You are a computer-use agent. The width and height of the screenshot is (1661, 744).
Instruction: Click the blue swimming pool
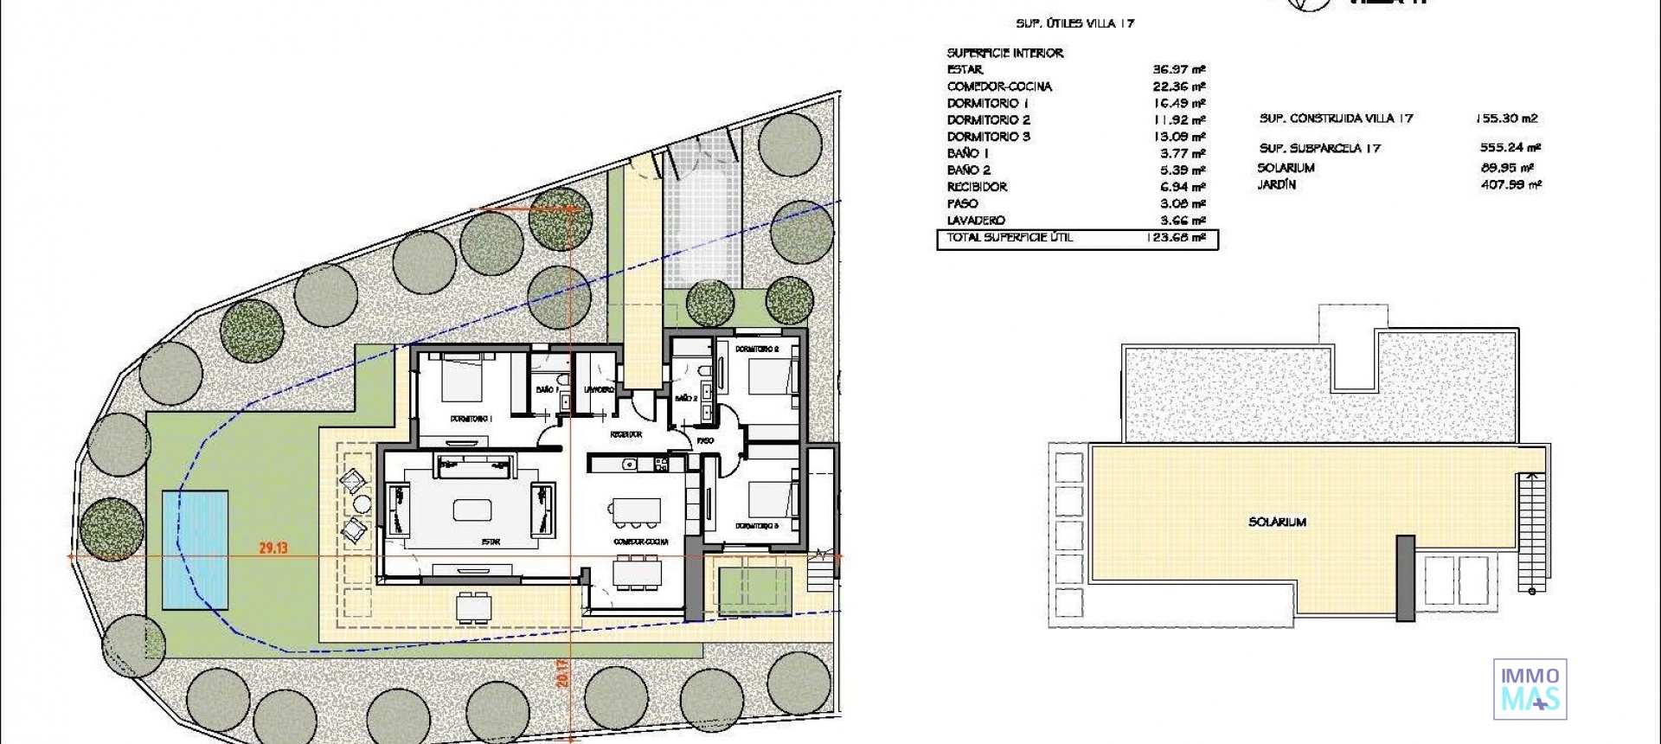click(x=196, y=549)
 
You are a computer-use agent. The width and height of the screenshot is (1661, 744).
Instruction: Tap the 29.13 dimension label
click(x=273, y=548)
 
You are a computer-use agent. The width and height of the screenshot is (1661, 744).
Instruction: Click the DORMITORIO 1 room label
click(x=471, y=419)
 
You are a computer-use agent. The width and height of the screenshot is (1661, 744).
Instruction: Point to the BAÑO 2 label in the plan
click(x=686, y=398)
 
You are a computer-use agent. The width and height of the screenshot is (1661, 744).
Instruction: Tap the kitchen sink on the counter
click(x=630, y=465)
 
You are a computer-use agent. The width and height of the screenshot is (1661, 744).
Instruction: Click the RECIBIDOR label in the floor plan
click(x=625, y=434)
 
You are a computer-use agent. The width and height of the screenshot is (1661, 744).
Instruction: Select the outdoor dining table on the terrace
click(x=474, y=607)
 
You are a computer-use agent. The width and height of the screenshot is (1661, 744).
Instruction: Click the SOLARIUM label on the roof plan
click(x=1277, y=522)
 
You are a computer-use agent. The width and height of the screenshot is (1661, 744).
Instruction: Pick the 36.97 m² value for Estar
click(x=1178, y=69)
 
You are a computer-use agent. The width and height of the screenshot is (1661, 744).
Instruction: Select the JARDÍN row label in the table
click(x=1276, y=184)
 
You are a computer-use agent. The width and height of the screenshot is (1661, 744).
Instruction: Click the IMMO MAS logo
click(x=1530, y=689)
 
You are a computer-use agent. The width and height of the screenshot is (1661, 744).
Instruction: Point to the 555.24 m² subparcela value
click(x=1510, y=148)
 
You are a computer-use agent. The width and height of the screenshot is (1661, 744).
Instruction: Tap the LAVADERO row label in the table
click(x=976, y=221)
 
